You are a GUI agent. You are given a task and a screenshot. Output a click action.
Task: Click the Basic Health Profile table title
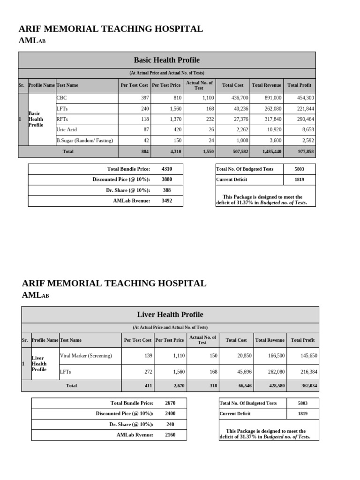(x=166, y=60)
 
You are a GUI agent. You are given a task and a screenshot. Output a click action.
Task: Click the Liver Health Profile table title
(x=170, y=315)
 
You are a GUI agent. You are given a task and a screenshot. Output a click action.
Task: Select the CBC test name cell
(x=62, y=98)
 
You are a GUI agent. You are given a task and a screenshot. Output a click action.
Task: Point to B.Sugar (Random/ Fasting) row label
(x=84, y=140)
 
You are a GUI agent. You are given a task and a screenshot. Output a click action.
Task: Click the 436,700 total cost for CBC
(x=239, y=98)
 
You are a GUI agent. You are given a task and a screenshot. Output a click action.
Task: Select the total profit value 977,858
(x=305, y=151)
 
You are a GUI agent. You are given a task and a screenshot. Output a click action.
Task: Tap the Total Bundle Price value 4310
(x=167, y=169)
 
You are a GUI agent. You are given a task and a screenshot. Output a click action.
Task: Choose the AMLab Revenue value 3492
(x=167, y=201)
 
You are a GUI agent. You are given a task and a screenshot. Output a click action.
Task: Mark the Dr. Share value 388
(x=167, y=190)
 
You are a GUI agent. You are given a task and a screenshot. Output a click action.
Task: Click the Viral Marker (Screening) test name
(x=86, y=356)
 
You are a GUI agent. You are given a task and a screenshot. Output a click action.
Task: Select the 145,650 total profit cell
(x=307, y=356)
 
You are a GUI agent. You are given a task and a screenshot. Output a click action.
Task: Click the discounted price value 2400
(x=170, y=413)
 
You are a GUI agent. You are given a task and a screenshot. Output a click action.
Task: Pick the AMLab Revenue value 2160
(x=170, y=435)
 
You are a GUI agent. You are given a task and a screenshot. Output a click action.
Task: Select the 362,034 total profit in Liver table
(x=307, y=386)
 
